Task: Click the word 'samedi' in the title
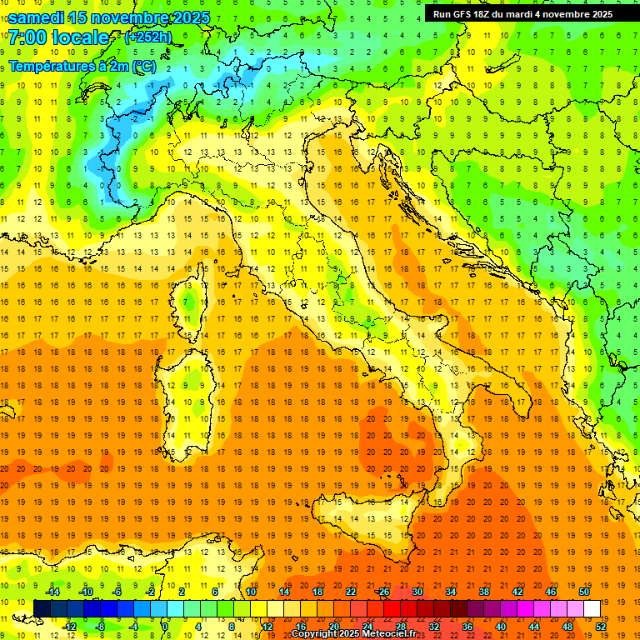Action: pos(37,18)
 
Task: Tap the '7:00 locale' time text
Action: pos(58,38)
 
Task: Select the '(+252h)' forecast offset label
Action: pos(149,37)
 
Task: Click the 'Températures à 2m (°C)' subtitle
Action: pos(82,65)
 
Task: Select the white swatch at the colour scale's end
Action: pos(592,608)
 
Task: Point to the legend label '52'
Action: pos(601,626)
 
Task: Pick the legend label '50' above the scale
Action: pos(583,592)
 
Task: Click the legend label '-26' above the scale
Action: pos(382,592)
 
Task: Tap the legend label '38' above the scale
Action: pos(483,592)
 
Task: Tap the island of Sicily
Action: pos(375,525)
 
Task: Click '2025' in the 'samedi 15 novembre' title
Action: pos(187,18)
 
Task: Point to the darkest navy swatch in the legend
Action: pos(42,608)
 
